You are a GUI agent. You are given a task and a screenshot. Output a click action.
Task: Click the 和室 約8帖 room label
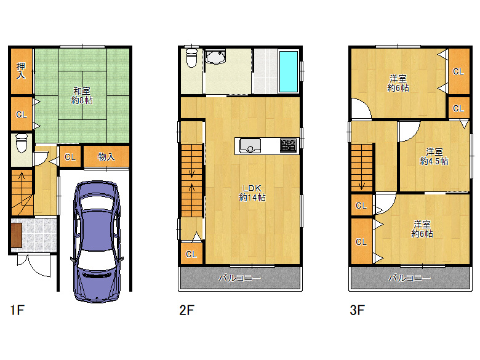tap(82, 95)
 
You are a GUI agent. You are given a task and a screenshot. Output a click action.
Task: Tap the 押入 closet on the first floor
tap(22, 71)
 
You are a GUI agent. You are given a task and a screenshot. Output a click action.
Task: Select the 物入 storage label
tap(106, 157)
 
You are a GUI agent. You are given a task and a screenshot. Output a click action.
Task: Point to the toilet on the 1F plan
tap(22, 143)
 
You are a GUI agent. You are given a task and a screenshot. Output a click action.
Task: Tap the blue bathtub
tap(289, 71)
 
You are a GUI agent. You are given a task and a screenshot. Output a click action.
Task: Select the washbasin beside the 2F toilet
tap(215, 57)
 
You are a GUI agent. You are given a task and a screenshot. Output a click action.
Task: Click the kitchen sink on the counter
tap(250, 146)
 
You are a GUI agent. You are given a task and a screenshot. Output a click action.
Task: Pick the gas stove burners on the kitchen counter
tap(289, 145)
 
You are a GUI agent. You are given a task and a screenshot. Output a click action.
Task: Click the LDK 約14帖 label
tap(252, 193)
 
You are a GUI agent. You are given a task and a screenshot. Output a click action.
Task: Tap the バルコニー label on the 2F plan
tap(240, 278)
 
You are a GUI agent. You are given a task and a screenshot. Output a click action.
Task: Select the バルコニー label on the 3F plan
tap(410, 278)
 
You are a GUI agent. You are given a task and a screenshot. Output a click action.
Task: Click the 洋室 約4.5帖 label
tap(434, 156)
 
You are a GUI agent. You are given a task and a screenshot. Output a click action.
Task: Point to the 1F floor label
tap(17, 310)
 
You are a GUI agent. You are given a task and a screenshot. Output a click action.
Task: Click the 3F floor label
tap(357, 310)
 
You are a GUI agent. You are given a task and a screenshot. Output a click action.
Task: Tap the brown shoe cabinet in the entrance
tap(17, 235)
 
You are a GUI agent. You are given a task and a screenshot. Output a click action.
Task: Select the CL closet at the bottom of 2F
tap(191, 254)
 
